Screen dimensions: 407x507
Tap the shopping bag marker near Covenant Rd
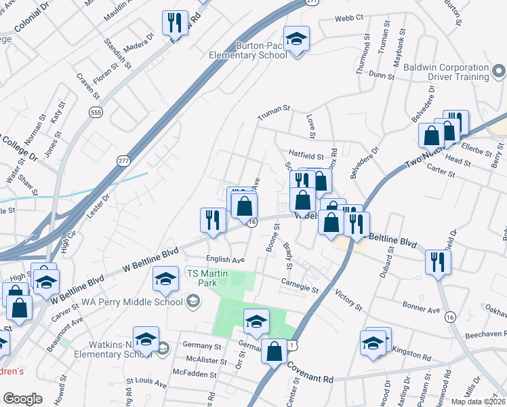[275, 351]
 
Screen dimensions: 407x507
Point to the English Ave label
[226, 260]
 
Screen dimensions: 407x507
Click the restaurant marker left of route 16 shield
[213, 220]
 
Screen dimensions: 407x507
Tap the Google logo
[22, 399]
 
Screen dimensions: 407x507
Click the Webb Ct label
[349, 17]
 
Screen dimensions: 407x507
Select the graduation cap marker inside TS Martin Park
[256, 322]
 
